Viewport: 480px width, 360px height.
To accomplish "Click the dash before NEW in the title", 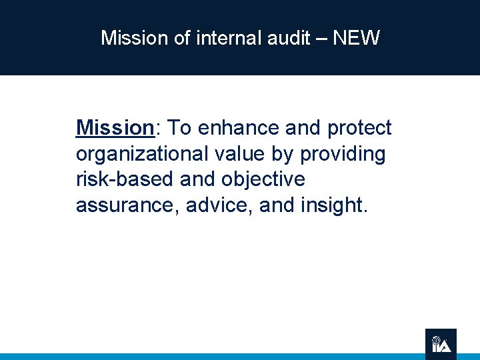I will [x=321, y=39].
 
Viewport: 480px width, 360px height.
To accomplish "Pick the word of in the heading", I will [x=182, y=38].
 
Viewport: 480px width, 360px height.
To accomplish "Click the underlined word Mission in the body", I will [x=115, y=127].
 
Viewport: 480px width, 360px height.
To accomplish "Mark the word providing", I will [x=343, y=155].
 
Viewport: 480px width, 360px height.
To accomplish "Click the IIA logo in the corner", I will [x=441, y=344].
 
